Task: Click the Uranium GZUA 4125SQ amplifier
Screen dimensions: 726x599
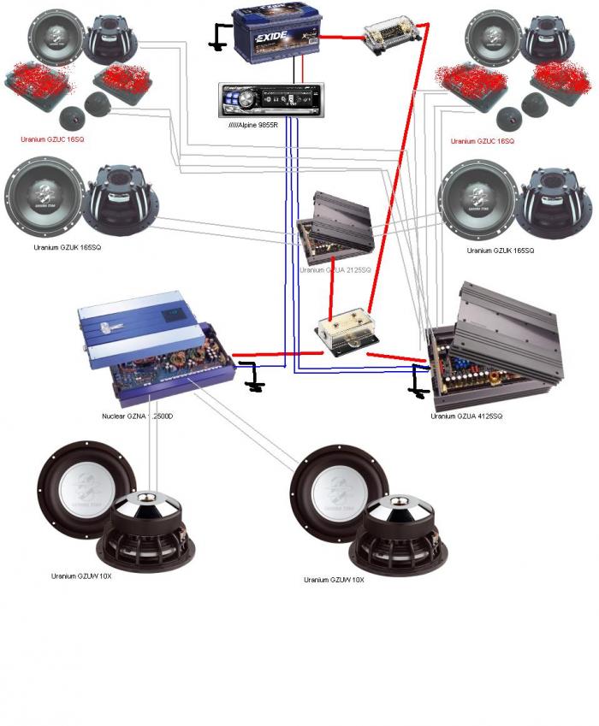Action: click(495, 351)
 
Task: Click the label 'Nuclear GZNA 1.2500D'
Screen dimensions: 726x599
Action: click(142, 416)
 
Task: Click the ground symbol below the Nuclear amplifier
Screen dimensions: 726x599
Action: click(253, 381)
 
